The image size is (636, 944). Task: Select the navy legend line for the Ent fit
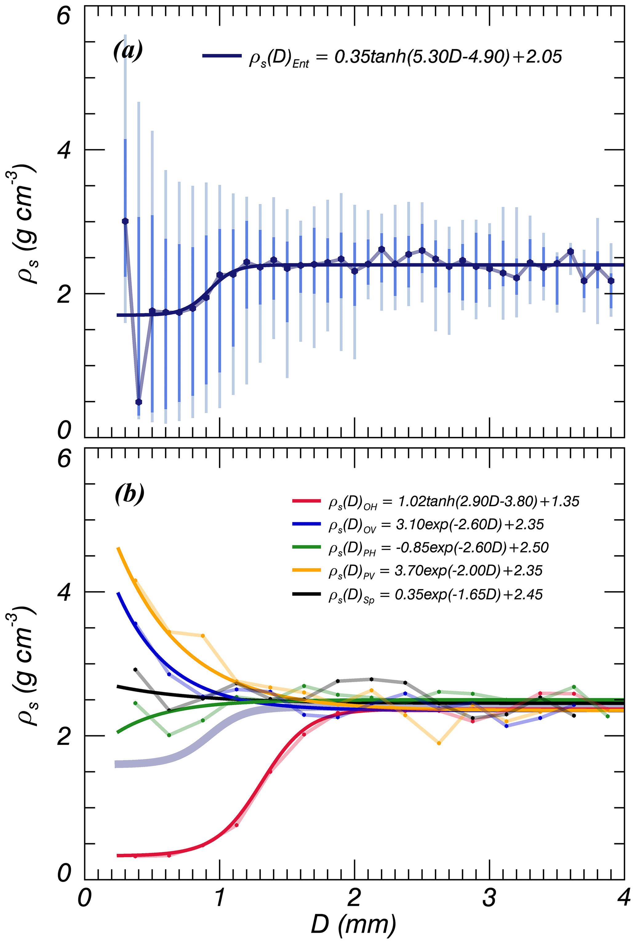point(222,56)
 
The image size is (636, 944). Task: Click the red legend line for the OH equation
point(307,501)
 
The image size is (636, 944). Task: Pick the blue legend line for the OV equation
point(307,524)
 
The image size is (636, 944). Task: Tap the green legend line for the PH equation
point(307,547)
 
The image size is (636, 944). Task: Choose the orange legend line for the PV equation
point(307,570)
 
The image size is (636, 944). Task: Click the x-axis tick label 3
point(489,898)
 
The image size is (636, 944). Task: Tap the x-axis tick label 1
point(219,898)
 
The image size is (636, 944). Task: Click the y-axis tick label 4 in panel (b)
point(64,592)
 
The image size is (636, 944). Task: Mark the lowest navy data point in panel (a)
point(139,402)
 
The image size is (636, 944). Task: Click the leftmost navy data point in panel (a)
point(125,221)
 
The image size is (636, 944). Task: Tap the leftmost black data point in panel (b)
point(135,670)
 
